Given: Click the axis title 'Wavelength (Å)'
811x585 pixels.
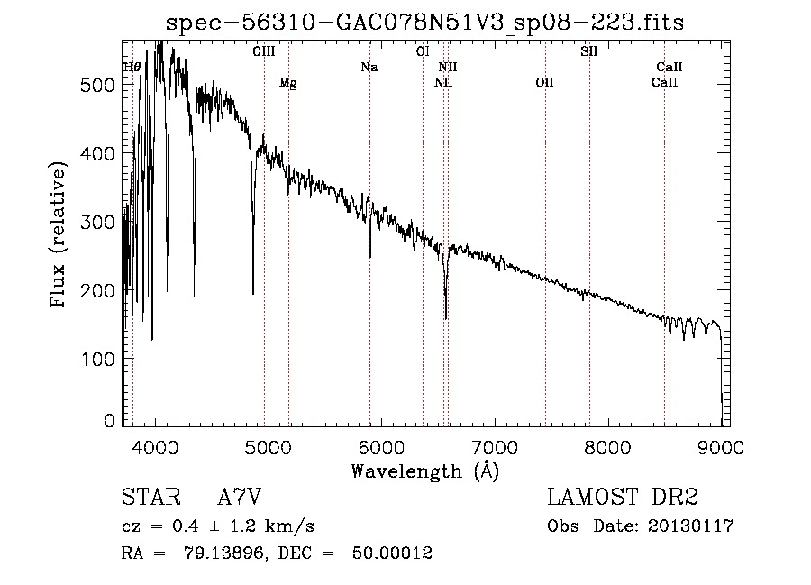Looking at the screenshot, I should tap(424, 471).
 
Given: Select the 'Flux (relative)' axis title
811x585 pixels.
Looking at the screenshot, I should tap(59, 236).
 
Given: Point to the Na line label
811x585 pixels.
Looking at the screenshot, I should tap(369, 67).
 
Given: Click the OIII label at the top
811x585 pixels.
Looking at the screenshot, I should tap(264, 51).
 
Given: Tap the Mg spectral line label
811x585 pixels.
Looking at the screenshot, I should tap(287, 83).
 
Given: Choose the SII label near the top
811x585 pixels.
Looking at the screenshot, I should tap(589, 51).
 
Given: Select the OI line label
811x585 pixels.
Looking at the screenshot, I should tap(422, 51).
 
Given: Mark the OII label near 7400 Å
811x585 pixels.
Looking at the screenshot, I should tap(544, 83).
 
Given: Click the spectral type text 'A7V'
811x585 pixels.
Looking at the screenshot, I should tap(240, 498).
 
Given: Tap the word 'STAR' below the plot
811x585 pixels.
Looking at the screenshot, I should tap(150, 498).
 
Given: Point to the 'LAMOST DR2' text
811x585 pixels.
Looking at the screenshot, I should tap(623, 498).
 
